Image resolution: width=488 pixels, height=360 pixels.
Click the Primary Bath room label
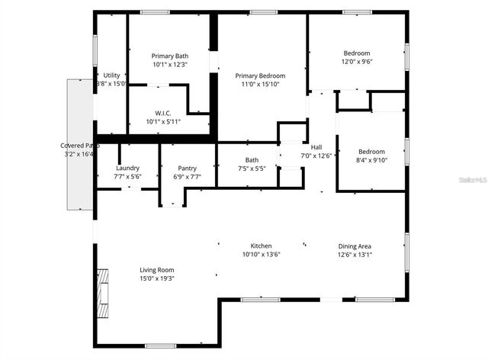(x=169, y=56)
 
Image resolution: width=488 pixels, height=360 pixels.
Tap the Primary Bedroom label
(x=260, y=76)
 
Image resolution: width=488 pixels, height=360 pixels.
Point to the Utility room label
(x=112, y=75)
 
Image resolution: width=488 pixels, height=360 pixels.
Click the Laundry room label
(x=127, y=168)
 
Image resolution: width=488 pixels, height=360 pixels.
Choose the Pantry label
(x=187, y=168)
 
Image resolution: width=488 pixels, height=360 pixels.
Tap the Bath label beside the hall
(x=252, y=160)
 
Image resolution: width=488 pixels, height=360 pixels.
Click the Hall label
(x=316, y=147)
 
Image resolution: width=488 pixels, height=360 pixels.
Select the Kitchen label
(x=262, y=246)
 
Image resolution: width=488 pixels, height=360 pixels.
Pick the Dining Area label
(x=355, y=246)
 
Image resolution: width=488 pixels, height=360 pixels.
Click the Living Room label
(x=157, y=270)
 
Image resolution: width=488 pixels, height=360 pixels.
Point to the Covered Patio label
(x=80, y=145)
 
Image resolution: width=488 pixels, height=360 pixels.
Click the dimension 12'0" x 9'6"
(x=357, y=62)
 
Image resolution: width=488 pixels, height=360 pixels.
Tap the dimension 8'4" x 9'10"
(x=372, y=160)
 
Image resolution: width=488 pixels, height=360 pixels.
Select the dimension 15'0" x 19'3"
(x=157, y=279)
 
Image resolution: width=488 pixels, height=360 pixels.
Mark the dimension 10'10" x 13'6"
(x=262, y=255)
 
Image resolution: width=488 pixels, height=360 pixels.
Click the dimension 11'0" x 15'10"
(x=260, y=85)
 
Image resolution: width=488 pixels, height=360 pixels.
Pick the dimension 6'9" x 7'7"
(x=187, y=177)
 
